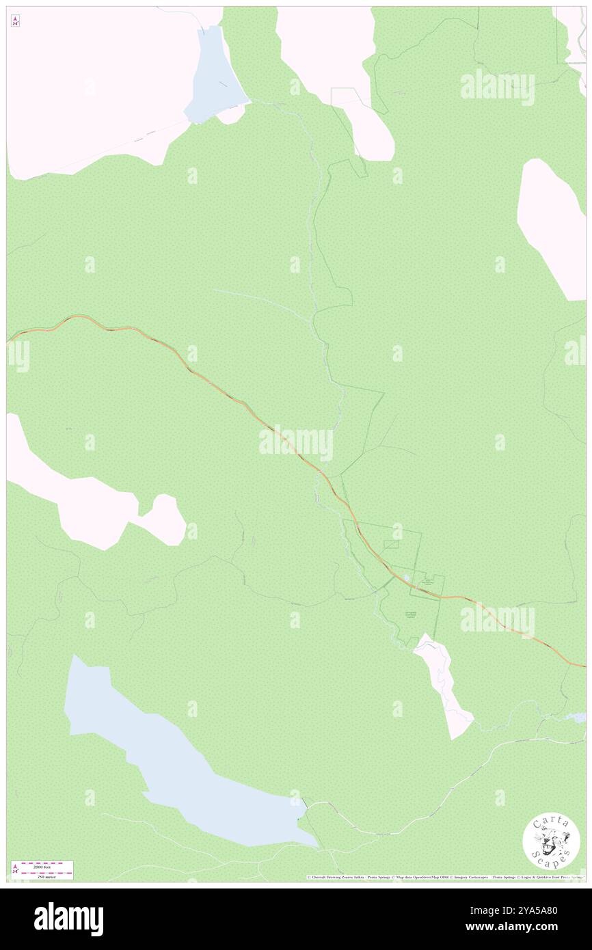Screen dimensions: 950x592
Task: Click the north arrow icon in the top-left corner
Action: coord(15,21)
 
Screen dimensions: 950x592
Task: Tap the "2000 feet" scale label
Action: coord(46,865)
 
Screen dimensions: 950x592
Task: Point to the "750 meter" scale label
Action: coord(46,876)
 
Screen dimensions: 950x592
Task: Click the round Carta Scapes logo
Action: coord(551,841)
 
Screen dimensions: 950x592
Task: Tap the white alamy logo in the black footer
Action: coord(68,919)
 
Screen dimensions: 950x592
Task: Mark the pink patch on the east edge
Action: coord(552,226)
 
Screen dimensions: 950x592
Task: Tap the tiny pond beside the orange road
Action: coord(407,578)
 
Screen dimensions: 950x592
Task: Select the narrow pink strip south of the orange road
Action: coord(443,683)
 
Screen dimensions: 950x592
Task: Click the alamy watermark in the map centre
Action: coord(296,444)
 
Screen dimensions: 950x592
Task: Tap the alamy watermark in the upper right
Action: coord(497,87)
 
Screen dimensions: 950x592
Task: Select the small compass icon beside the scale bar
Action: coord(15,870)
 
